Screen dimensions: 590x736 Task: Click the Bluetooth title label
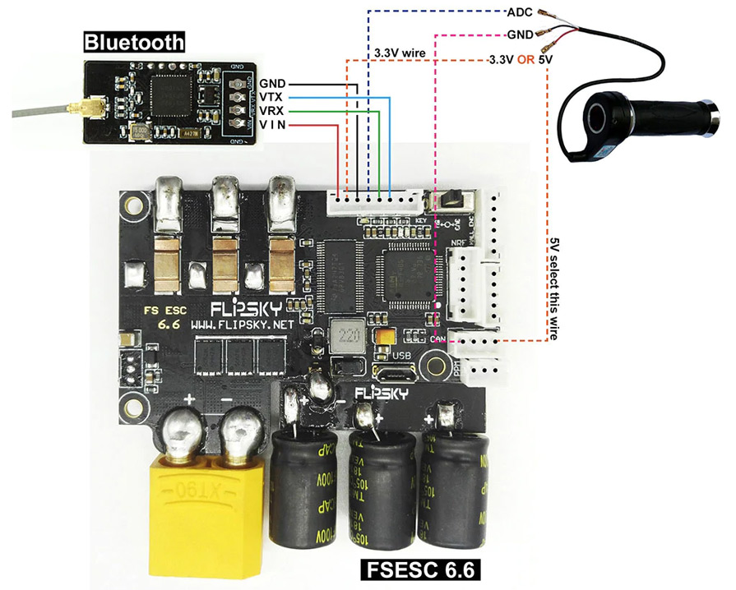click(x=133, y=42)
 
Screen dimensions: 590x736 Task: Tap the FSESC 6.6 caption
click(x=420, y=569)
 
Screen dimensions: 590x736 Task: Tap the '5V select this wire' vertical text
click(x=556, y=283)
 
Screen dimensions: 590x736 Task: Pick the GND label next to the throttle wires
click(x=521, y=35)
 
